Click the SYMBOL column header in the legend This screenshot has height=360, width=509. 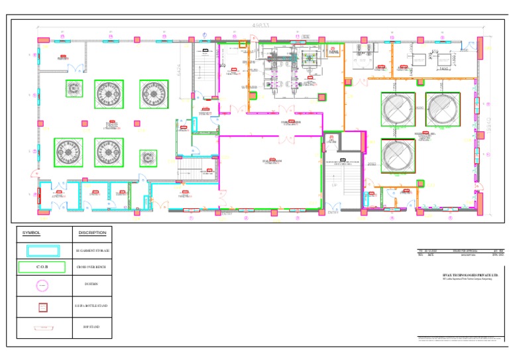pos(32,233)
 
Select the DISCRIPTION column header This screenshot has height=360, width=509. pos(92,233)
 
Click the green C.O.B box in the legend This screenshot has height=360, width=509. pos(42,267)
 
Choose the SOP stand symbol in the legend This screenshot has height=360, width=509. pos(42,328)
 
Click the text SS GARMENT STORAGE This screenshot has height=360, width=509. pos(92,251)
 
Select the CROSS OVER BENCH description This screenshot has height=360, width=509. pos(92,267)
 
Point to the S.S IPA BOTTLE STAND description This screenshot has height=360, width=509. pos(92,306)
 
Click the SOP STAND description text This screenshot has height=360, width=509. pos(92,328)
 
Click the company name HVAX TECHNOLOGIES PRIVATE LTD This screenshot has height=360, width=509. pos(461,274)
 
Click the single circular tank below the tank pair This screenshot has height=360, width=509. pos(398,156)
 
